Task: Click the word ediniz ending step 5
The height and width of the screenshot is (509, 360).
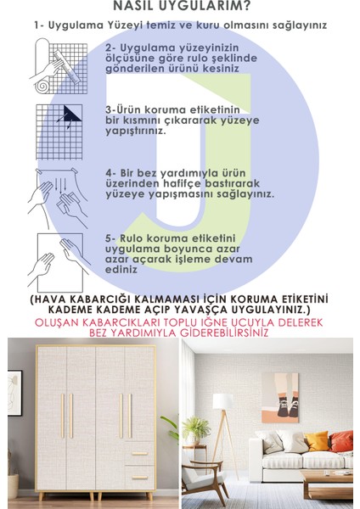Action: click(122, 270)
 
